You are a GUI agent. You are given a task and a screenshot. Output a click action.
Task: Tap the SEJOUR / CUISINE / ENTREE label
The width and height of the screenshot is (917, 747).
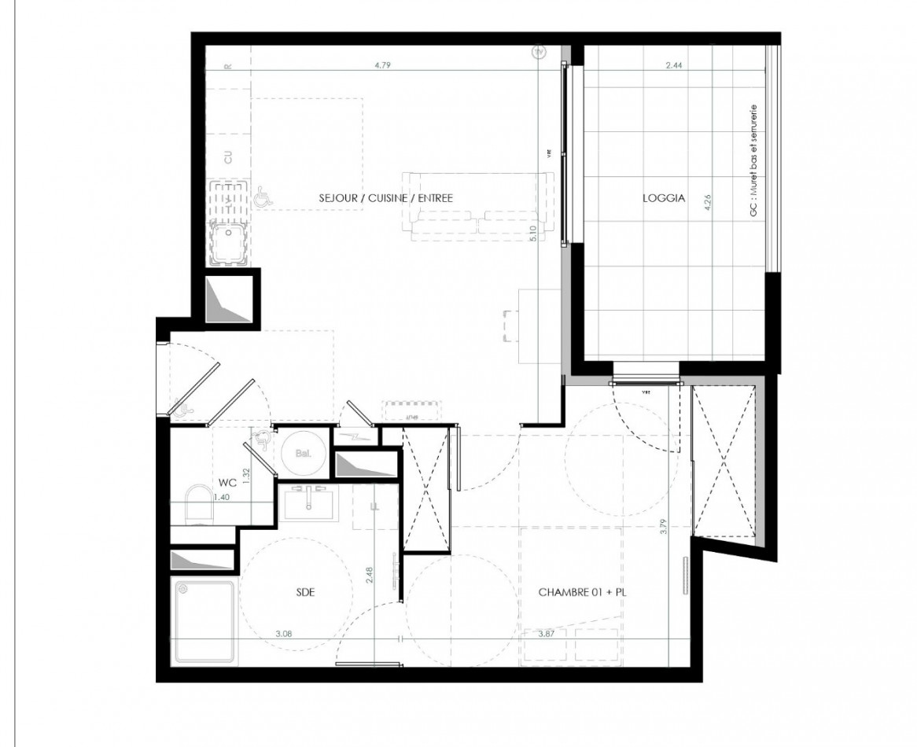coord(385,198)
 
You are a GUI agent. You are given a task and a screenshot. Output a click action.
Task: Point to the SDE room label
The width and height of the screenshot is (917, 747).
coord(305,592)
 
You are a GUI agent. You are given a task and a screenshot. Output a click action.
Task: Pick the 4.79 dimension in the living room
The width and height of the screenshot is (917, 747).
coord(382,65)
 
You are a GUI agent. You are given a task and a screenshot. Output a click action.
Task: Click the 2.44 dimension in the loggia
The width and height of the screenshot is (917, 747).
coord(673,66)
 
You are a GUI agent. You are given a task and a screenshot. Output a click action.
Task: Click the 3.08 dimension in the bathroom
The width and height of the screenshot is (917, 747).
coord(284,633)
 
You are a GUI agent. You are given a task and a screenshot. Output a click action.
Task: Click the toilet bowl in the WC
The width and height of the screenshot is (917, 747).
coord(197,504)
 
